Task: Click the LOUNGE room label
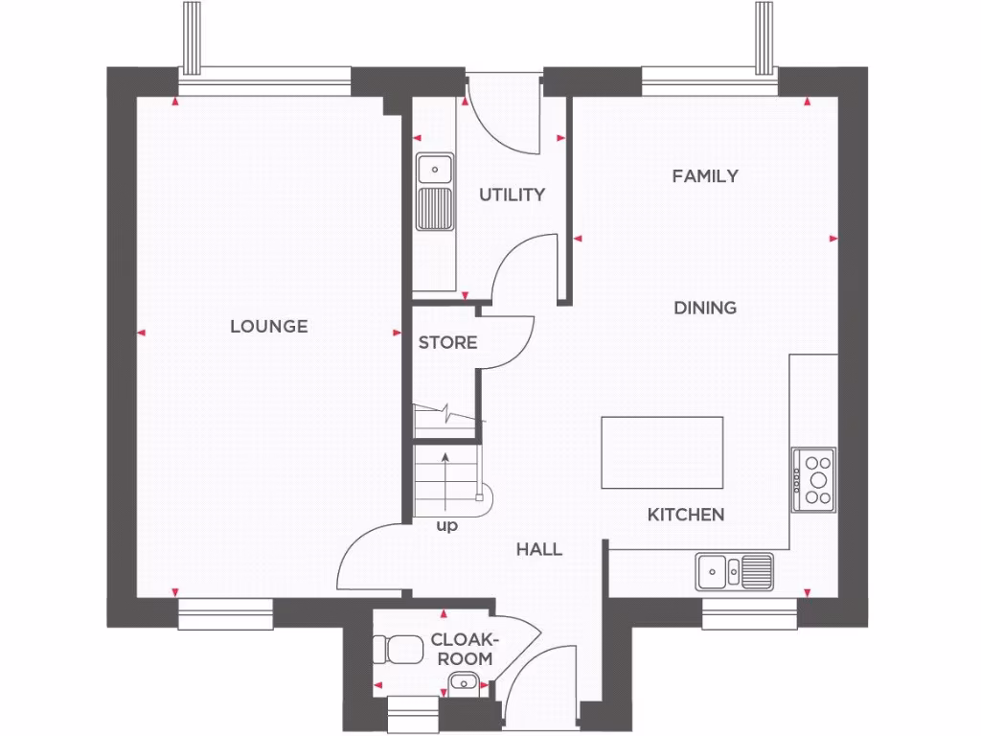(x=268, y=327)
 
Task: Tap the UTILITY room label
(x=512, y=195)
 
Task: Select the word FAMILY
(x=705, y=176)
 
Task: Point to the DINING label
(x=705, y=308)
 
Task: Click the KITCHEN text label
(x=686, y=516)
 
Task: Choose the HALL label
(x=539, y=549)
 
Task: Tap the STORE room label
(x=447, y=342)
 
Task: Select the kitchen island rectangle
(x=661, y=452)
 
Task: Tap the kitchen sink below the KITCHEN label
(x=734, y=571)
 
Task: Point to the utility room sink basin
(x=435, y=170)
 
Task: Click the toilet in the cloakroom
(x=399, y=649)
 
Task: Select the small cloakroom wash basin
(x=464, y=682)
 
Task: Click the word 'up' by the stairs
(x=446, y=526)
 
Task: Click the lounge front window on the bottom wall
(x=225, y=614)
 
